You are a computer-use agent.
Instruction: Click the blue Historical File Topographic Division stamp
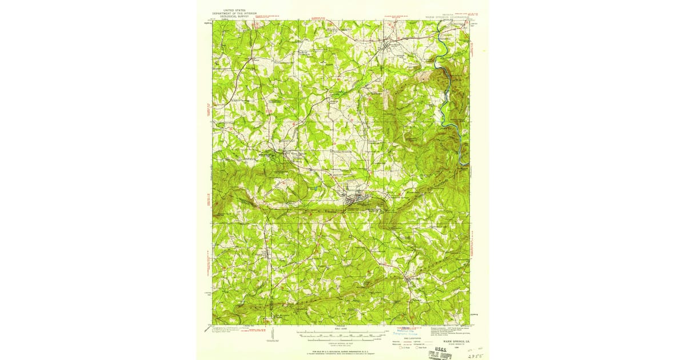(408, 331)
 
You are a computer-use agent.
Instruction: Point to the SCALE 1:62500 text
(341, 328)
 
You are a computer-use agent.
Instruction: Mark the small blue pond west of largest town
(315, 187)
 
